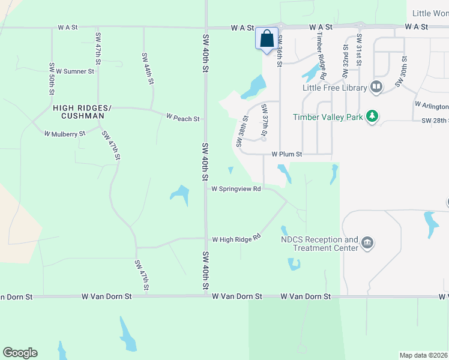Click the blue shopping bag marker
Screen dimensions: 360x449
coord(267,39)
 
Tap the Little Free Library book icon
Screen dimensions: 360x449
coord(376,88)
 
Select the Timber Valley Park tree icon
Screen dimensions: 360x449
coord(372,117)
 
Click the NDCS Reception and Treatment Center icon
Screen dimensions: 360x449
coord(367,244)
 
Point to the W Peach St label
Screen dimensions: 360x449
coord(182,119)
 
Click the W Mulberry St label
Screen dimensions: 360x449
coord(65,134)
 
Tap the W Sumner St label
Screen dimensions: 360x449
coord(74,71)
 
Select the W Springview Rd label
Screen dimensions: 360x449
coord(236,188)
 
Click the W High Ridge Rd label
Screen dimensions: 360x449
coord(236,239)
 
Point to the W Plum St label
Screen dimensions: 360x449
coord(286,154)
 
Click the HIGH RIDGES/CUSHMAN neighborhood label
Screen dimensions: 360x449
coord(82,111)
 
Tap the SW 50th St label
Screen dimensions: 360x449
coord(52,78)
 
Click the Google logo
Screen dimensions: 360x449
coord(20,353)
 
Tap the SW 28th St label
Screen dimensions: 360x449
coord(435,121)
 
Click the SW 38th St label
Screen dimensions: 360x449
coord(241,132)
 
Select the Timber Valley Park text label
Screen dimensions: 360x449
coord(328,117)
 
